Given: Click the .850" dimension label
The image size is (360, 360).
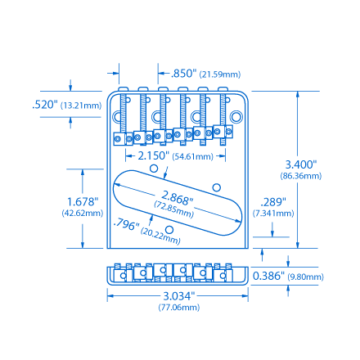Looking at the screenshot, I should (183, 74).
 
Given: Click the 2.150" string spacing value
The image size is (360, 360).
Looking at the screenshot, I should (152, 155).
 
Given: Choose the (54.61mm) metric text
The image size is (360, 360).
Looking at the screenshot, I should (193, 155).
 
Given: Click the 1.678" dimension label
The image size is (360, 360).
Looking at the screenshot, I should (83, 200).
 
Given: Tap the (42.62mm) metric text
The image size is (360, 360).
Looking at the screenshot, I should (83, 213).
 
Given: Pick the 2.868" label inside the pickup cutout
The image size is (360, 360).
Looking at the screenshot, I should (176, 197).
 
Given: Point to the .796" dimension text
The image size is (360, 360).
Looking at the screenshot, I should (127, 224).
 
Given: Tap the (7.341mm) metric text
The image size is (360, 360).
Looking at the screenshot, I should (273, 213).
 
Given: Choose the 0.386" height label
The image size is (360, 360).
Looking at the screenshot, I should (269, 277).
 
